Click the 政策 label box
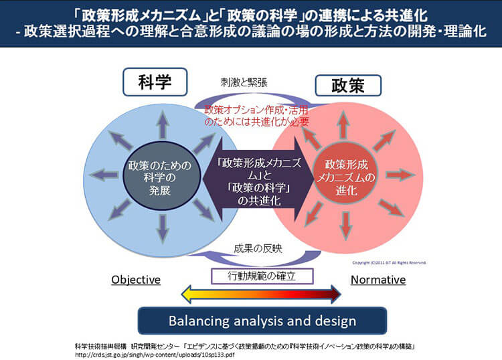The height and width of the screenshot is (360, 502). tap(347, 85)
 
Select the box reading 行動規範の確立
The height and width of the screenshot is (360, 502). tap(252, 275)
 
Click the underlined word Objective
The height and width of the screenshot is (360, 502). tap(136, 280)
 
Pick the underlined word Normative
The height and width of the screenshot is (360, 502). tap(379, 280)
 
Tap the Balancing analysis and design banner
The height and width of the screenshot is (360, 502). tap(252, 321)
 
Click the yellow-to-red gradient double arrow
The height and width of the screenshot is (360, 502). tap(261, 294)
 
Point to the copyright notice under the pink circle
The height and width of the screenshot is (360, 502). tap(389, 262)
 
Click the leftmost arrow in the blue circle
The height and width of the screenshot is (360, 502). tap(101, 175)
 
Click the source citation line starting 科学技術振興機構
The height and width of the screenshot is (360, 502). tap(248, 345)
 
